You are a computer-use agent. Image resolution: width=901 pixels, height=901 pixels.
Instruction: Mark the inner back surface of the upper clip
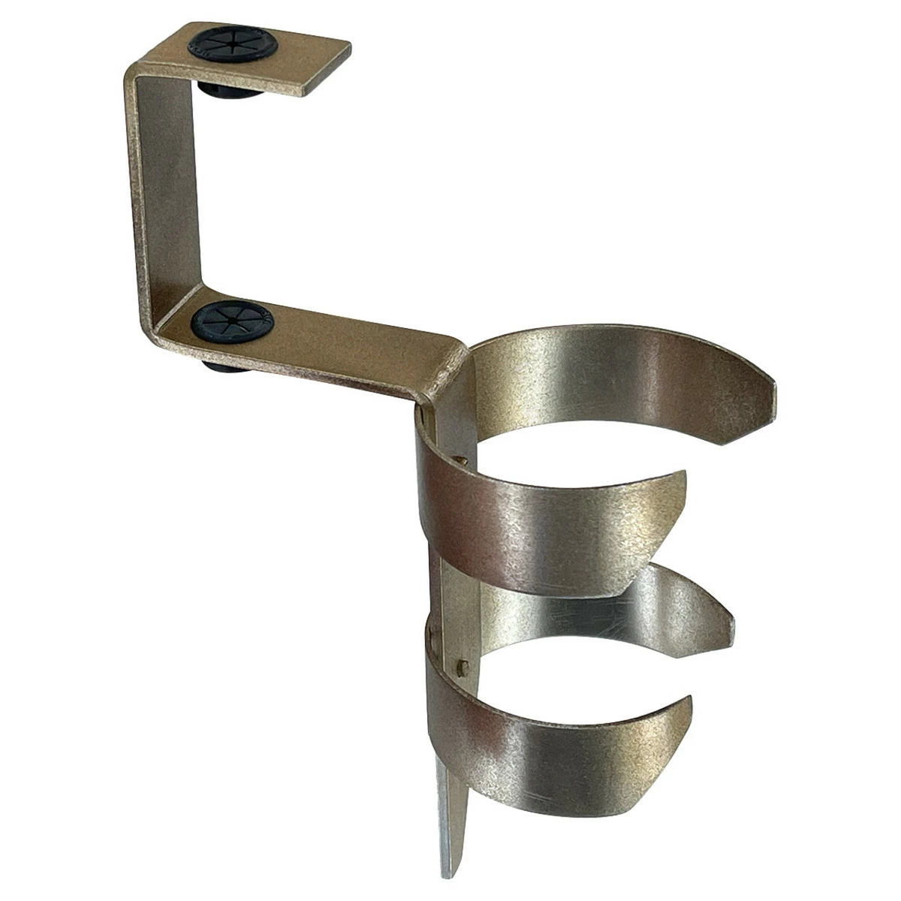[x=601, y=375]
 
